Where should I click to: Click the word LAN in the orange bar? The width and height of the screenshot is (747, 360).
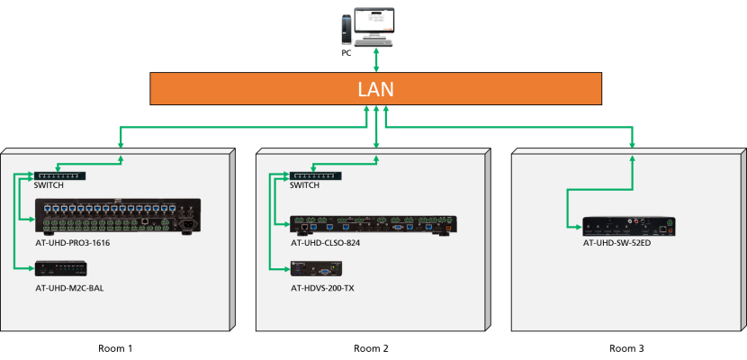[375, 89]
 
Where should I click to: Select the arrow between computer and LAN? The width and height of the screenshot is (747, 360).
[376, 60]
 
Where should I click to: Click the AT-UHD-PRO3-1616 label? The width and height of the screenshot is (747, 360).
[73, 243]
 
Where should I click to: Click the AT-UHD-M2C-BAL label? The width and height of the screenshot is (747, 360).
[71, 288]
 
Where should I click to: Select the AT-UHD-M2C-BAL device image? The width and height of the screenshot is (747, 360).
[60, 268]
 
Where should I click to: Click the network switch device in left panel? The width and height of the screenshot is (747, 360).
[58, 175]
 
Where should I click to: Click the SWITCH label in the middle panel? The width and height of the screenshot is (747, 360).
[305, 185]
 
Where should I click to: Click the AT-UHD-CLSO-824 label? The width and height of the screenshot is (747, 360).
[327, 243]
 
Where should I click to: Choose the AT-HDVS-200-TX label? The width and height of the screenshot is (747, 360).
[322, 288]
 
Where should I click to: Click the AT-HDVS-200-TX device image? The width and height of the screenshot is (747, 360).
[316, 268]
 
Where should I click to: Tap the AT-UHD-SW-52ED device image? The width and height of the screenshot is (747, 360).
[628, 226]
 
